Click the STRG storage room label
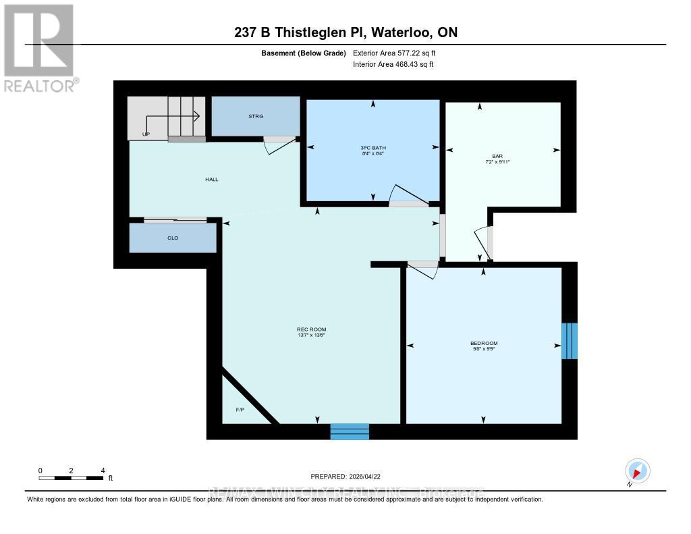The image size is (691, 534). (x=255, y=116)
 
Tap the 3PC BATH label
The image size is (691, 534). (x=372, y=148)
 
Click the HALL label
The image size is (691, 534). (x=212, y=179)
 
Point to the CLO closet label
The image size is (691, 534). (x=173, y=238)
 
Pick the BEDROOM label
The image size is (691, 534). (x=484, y=343)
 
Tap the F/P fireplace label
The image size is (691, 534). (x=240, y=410)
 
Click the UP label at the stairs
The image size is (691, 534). (x=146, y=134)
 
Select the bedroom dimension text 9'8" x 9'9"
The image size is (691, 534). (x=484, y=350)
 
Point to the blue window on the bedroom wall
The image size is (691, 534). (x=570, y=341)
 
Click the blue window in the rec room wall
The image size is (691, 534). (x=350, y=431)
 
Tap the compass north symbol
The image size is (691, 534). (x=637, y=471)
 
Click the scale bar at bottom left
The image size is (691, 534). (x=71, y=477)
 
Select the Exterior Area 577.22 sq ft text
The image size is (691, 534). (x=399, y=53)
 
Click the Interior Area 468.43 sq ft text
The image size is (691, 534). (x=393, y=65)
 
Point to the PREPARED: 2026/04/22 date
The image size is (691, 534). (x=350, y=476)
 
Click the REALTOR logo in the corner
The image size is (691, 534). (x=39, y=47)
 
